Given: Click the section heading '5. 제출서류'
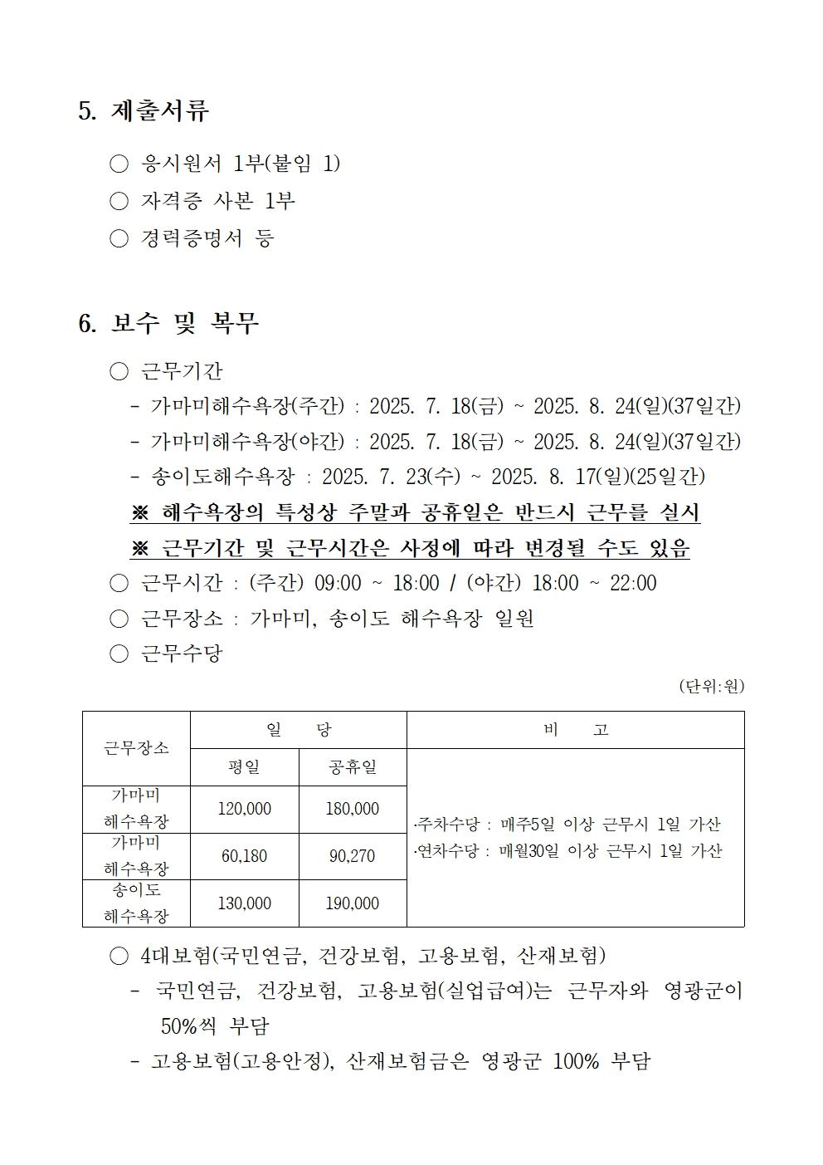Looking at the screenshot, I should (144, 111).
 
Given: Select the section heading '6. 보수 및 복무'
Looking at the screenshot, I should (168, 323).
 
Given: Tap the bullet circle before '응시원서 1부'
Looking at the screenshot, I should (119, 164).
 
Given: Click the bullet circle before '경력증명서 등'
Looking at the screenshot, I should (119, 239).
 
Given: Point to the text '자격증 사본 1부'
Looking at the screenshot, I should (218, 202).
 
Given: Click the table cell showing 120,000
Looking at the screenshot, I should (245, 809).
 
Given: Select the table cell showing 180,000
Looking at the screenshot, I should (353, 809).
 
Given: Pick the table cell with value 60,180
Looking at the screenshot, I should (245, 856).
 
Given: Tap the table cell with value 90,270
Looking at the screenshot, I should (353, 856).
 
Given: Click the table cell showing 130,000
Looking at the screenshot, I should (245, 903).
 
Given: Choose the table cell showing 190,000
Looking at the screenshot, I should (353, 903).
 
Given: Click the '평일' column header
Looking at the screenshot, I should (245, 767).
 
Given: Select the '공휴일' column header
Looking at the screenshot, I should (353, 767).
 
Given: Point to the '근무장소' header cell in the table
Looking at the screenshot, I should (136, 748).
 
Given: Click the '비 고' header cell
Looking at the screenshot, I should (576, 730).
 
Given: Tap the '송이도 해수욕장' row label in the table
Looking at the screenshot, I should (136, 903).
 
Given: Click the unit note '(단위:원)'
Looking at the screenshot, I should (711, 687).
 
